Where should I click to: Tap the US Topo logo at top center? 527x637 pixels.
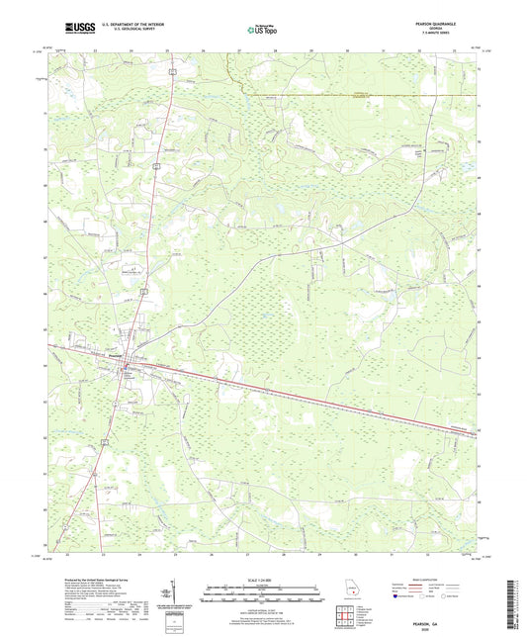click(x=261, y=29)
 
